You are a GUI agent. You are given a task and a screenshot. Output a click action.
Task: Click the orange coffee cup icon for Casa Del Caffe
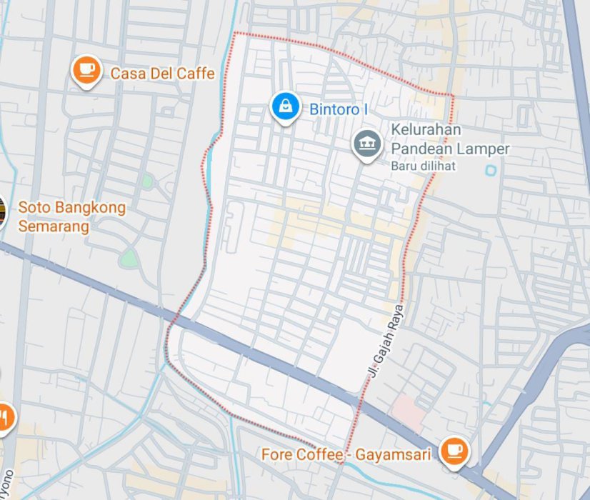86,69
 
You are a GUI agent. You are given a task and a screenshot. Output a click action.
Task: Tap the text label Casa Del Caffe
162,73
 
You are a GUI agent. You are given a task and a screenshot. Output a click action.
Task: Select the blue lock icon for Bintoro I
285,106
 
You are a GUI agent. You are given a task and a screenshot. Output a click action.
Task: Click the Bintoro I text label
338,110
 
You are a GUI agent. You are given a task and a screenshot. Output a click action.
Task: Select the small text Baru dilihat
423,166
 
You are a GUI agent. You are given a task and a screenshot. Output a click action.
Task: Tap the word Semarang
54,226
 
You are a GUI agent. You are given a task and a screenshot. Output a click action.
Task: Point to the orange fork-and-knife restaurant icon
4,416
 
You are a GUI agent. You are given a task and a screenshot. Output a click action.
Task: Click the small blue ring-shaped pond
490,171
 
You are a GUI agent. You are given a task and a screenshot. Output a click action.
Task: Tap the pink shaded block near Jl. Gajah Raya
408,410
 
